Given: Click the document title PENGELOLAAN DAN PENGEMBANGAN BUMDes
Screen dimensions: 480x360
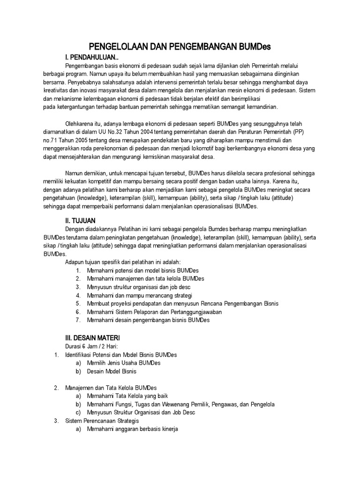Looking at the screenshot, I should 180,47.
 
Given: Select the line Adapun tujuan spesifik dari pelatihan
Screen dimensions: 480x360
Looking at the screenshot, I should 122,262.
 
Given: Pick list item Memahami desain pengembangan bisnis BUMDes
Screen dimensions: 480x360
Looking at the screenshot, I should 148,320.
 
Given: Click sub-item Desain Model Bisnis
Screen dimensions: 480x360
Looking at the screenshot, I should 112,371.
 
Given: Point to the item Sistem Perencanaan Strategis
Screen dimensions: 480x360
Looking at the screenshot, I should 99,421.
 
